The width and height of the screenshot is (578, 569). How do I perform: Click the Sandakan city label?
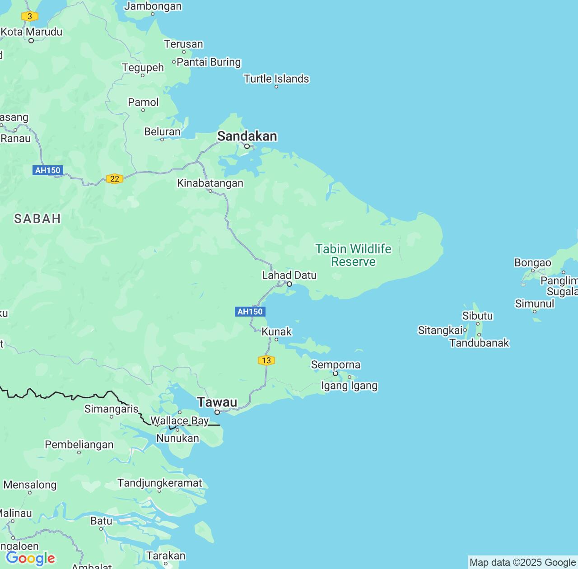(247, 136)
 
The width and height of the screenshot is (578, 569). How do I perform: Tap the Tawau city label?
(217, 402)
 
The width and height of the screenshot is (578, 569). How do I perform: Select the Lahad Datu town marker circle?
(289, 284)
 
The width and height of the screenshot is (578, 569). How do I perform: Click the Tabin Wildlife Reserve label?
(353, 255)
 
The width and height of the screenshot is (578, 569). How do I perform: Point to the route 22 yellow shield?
(115, 179)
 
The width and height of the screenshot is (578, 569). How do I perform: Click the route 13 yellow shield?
(266, 360)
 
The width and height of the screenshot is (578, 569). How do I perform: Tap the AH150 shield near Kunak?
(250, 312)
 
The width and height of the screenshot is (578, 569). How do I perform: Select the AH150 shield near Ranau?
(47, 170)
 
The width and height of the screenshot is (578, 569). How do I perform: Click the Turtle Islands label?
(276, 79)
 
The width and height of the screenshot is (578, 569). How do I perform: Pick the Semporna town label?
(336, 364)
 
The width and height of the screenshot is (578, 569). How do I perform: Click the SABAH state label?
(37, 219)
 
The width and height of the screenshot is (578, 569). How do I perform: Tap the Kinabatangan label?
(210, 183)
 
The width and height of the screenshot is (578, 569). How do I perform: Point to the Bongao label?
(532, 262)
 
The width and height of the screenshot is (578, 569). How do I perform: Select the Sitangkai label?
(440, 330)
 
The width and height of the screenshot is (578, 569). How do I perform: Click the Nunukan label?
(177, 438)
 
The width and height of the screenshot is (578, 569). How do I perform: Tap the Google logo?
(30, 558)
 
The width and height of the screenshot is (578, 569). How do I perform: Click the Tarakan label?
(166, 555)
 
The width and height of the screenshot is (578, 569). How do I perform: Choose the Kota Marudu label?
(32, 32)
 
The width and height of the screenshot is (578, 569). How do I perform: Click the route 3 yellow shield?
(29, 16)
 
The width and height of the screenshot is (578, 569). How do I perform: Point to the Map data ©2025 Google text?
(522, 562)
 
